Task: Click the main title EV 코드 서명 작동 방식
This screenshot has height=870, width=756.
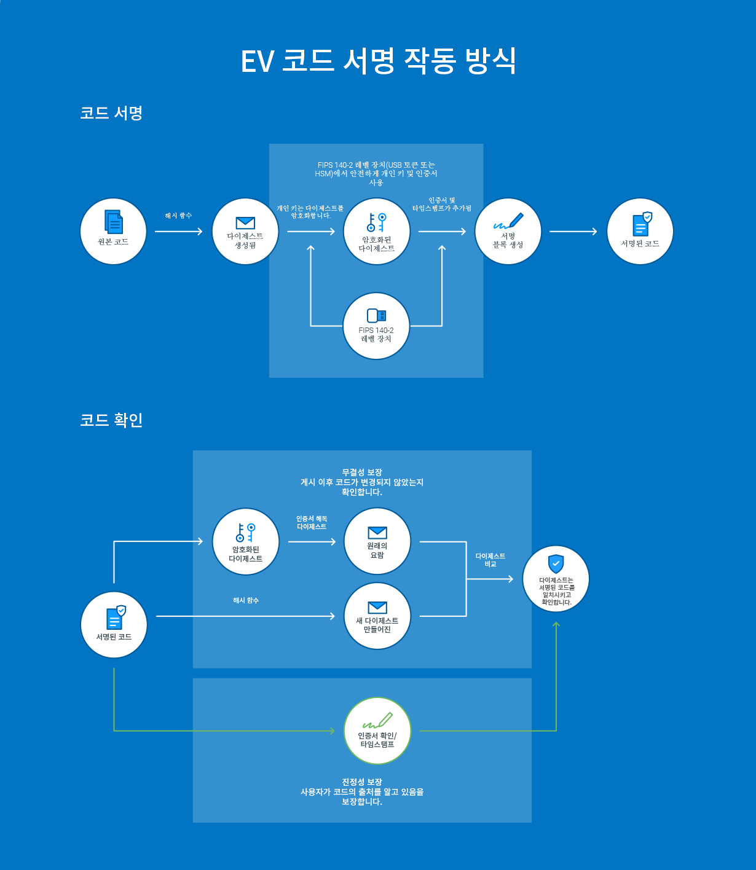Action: tap(378, 61)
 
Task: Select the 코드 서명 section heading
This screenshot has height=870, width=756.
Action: tap(111, 113)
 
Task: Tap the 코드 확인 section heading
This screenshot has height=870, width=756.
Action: tap(111, 420)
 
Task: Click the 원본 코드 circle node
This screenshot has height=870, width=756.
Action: tap(113, 232)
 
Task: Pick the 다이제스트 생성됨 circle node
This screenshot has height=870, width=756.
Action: tap(245, 232)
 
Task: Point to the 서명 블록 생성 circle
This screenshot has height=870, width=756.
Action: tap(508, 232)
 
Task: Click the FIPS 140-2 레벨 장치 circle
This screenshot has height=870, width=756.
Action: tap(376, 326)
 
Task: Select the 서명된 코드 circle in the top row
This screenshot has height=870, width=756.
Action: tap(640, 232)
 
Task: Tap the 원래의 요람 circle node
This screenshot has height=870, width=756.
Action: tap(377, 541)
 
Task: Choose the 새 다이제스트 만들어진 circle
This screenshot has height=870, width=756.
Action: tap(377, 616)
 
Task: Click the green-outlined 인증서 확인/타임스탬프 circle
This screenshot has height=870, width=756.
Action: tap(377, 731)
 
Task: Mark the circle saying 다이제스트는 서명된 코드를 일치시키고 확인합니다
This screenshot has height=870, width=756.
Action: tap(556, 579)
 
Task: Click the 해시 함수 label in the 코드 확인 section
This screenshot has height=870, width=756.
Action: tap(246, 600)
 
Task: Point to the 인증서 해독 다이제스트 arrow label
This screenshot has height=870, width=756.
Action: tap(312, 523)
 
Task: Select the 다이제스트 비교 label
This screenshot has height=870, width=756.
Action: tap(490, 560)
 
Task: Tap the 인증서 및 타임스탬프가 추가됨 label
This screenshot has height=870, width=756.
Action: tap(442, 205)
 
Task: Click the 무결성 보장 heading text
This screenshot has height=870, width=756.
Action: tap(362, 472)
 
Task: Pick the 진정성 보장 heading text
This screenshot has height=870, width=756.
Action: tap(362, 782)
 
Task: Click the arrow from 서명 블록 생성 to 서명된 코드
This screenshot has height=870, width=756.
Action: tap(573, 232)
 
